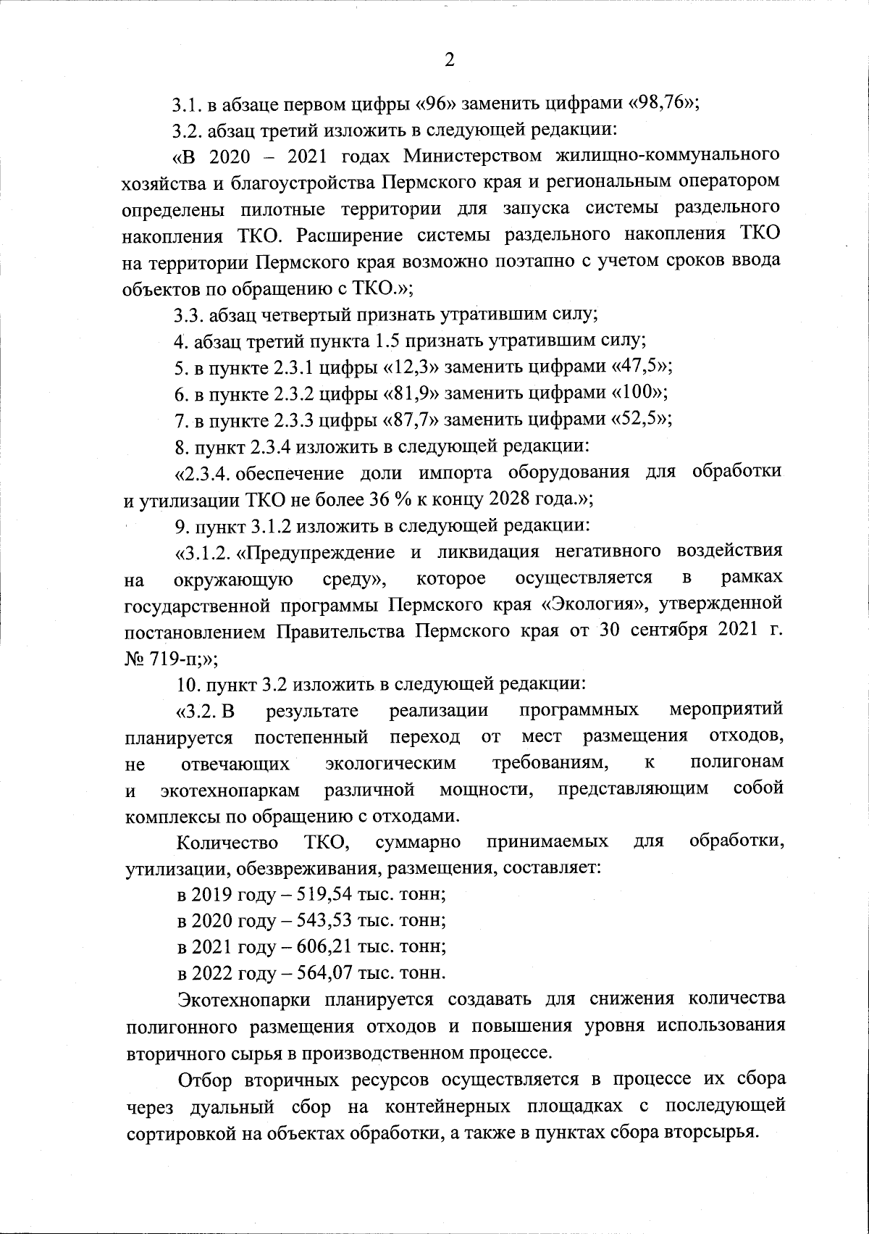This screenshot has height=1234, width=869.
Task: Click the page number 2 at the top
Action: tap(449, 61)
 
